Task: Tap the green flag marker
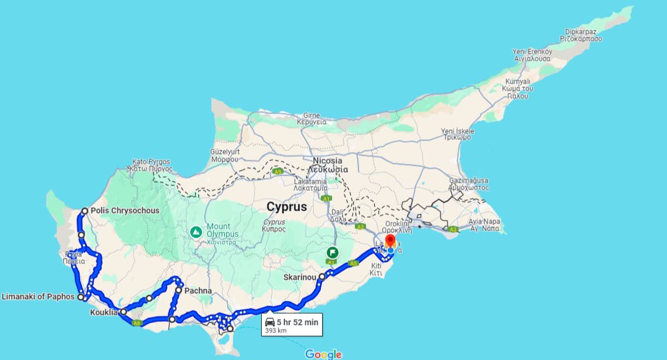[x=333, y=253]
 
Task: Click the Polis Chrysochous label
[x=125, y=211]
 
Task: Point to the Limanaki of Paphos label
[x=38, y=297]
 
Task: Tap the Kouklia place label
[x=104, y=313]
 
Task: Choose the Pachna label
[x=198, y=290]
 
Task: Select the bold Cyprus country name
[x=286, y=207]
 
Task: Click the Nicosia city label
[x=327, y=161]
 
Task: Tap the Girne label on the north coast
[x=311, y=115]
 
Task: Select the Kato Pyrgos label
[x=151, y=162]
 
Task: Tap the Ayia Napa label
[x=484, y=222]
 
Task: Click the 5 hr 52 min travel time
[x=298, y=321]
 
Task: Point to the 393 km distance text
[x=276, y=330]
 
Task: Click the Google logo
[x=323, y=354]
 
